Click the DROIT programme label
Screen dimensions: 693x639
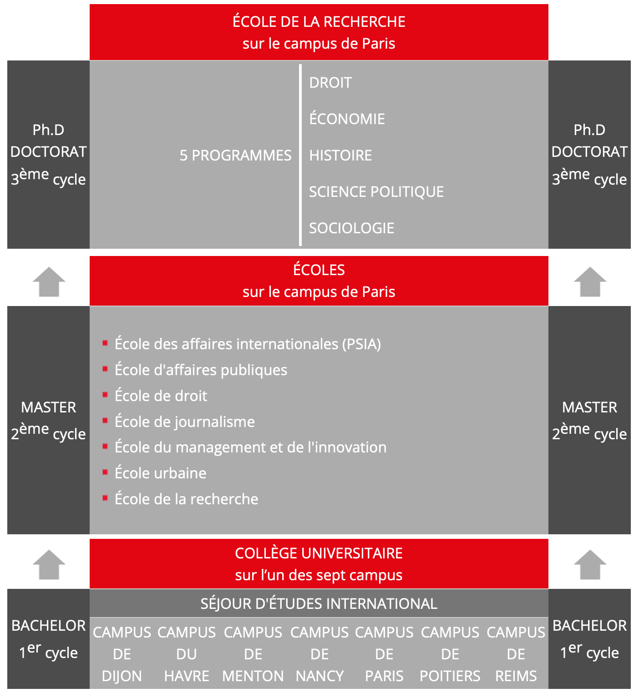(x=330, y=83)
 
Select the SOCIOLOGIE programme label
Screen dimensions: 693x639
(x=351, y=228)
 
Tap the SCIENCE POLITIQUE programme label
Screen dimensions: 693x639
(x=376, y=192)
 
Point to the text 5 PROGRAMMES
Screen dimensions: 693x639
(x=235, y=156)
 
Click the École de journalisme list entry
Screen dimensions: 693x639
(x=184, y=422)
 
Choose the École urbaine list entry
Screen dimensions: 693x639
(x=160, y=473)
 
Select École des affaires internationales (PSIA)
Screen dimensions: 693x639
(x=248, y=344)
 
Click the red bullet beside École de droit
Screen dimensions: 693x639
(x=105, y=395)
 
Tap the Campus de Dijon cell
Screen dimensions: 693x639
(x=122, y=654)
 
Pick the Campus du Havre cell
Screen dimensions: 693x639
(x=187, y=654)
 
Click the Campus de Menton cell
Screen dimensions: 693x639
(x=253, y=654)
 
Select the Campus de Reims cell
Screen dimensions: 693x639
(x=516, y=654)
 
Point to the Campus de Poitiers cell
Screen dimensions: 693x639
(x=450, y=654)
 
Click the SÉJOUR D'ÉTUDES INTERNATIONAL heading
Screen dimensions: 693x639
(x=319, y=604)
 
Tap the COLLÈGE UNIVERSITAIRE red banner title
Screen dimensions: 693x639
(x=319, y=554)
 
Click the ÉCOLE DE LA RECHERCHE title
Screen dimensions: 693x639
(x=319, y=22)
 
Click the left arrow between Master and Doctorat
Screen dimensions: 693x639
(x=49, y=282)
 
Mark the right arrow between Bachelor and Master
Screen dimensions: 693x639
(x=590, y=565)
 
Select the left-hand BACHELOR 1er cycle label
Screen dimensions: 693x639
(x=48, y=639)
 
